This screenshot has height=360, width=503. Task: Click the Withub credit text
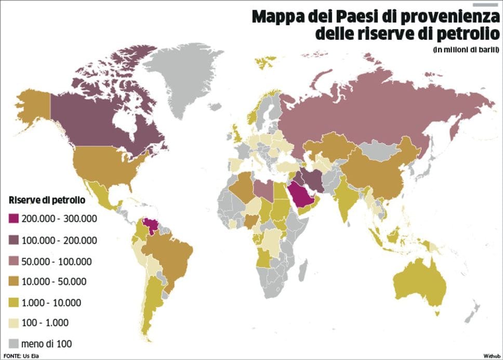click(491, 356)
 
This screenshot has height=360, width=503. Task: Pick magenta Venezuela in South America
click(152, 228)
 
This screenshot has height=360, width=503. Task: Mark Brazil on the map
click(169, 257)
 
